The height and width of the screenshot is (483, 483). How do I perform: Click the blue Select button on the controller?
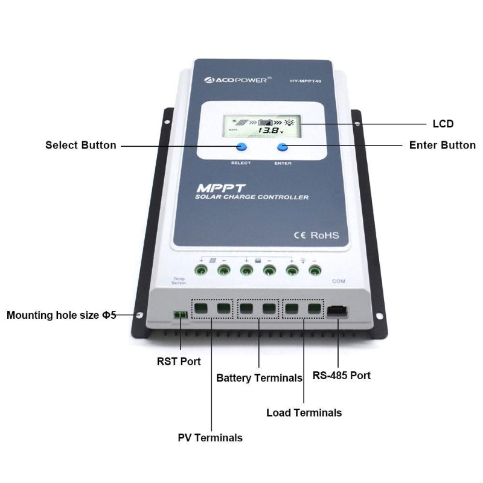tap(241, 147)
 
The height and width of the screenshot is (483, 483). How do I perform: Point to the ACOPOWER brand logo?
tap(237, 78)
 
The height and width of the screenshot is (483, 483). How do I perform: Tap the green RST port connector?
tap(179, 316)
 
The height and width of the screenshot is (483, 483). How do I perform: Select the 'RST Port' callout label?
tap(179, 362)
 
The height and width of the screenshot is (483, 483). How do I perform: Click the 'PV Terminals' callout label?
tap(210, 438)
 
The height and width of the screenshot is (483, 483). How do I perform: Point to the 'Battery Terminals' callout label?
tap(259, 378)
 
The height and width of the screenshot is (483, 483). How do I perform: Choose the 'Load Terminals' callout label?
tap(304, 413)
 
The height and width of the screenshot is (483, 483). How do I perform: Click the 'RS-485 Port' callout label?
tap(341, 375)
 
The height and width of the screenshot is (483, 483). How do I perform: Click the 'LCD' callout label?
tap(443, 124)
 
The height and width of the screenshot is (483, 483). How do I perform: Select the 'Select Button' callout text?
tap(81, 146)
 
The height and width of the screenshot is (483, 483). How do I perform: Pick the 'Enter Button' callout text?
tap(442, 146)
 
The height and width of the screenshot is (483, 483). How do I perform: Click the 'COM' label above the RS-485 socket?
tap(339, 281)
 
